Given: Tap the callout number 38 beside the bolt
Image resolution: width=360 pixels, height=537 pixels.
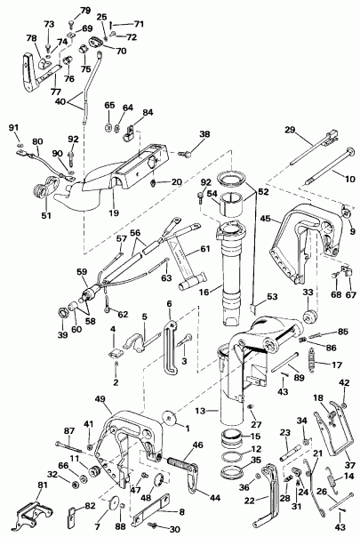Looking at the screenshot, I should tap(204, 135).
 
